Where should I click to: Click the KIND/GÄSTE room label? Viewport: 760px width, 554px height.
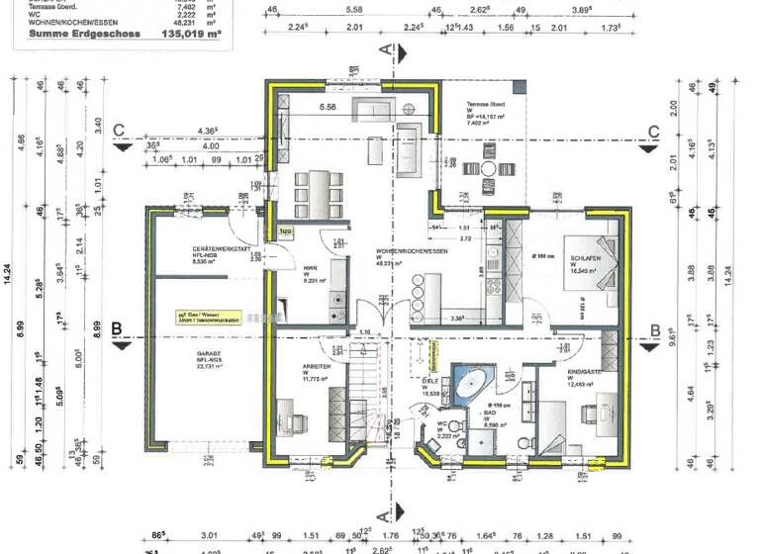586,375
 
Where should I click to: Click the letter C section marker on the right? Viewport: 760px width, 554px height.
653,132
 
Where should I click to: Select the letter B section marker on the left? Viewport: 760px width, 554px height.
117,329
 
